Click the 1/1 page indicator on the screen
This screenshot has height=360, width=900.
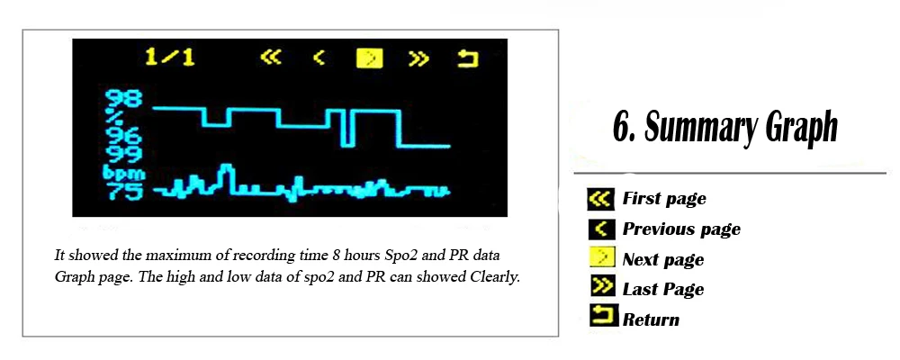coord(169,58)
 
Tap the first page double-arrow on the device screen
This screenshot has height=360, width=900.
coord(271,58)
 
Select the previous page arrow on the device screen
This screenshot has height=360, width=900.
coord(319,58)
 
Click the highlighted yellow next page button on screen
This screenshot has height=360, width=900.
coord(370,58)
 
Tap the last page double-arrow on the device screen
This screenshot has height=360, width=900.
coord(418,58)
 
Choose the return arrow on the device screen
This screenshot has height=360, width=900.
coord(468,58)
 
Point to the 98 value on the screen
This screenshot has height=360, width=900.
coord(122,100)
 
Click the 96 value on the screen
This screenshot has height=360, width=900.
coord(122,137)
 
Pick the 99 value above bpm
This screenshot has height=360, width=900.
coord(122,155)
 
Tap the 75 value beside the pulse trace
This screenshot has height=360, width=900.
coord(122,191)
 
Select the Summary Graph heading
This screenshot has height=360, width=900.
coord(724,128)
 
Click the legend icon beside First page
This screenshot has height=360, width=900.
coord(601,199)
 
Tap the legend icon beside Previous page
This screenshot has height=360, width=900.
coord(601,229)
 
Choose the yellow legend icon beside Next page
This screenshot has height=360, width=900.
coord(601,258)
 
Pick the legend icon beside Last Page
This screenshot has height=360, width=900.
coord(601,288)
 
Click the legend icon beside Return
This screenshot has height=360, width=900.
coord(603,316)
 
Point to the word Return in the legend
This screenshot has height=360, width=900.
coord(651,319)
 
